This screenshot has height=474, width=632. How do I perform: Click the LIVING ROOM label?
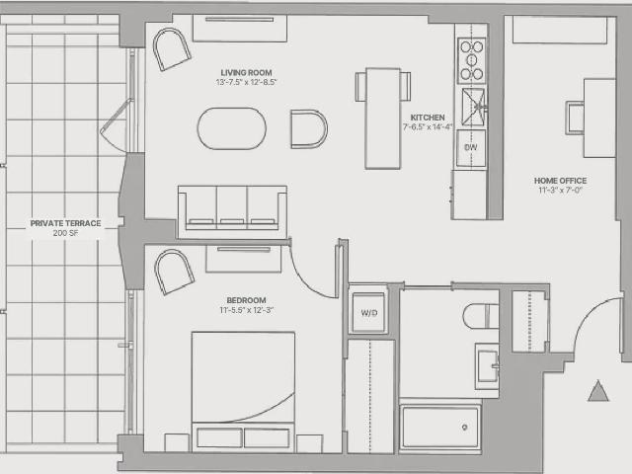246,72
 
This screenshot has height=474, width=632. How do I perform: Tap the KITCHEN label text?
428,118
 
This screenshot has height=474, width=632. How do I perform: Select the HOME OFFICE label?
560,181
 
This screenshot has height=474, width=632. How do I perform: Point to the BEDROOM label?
246,300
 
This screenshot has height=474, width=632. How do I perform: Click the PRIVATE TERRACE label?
66,223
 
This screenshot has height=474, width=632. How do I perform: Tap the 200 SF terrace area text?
66,233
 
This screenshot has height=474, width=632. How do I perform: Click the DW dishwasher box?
471,148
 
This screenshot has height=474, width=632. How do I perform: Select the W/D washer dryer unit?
368,312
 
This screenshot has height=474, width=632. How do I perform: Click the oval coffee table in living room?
232,128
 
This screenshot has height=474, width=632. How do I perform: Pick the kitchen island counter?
382,118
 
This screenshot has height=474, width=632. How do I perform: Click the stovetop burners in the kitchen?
472,60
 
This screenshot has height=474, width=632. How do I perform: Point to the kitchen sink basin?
473,107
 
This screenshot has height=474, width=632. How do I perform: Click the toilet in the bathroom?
481,316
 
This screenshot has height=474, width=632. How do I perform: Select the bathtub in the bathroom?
440,427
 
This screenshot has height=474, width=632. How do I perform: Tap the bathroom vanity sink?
487,366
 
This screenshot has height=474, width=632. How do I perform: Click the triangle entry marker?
597,391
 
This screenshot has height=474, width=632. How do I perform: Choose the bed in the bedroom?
243,391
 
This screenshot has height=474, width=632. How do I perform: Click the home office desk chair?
575,118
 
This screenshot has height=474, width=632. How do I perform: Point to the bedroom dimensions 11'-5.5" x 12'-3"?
246,310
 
